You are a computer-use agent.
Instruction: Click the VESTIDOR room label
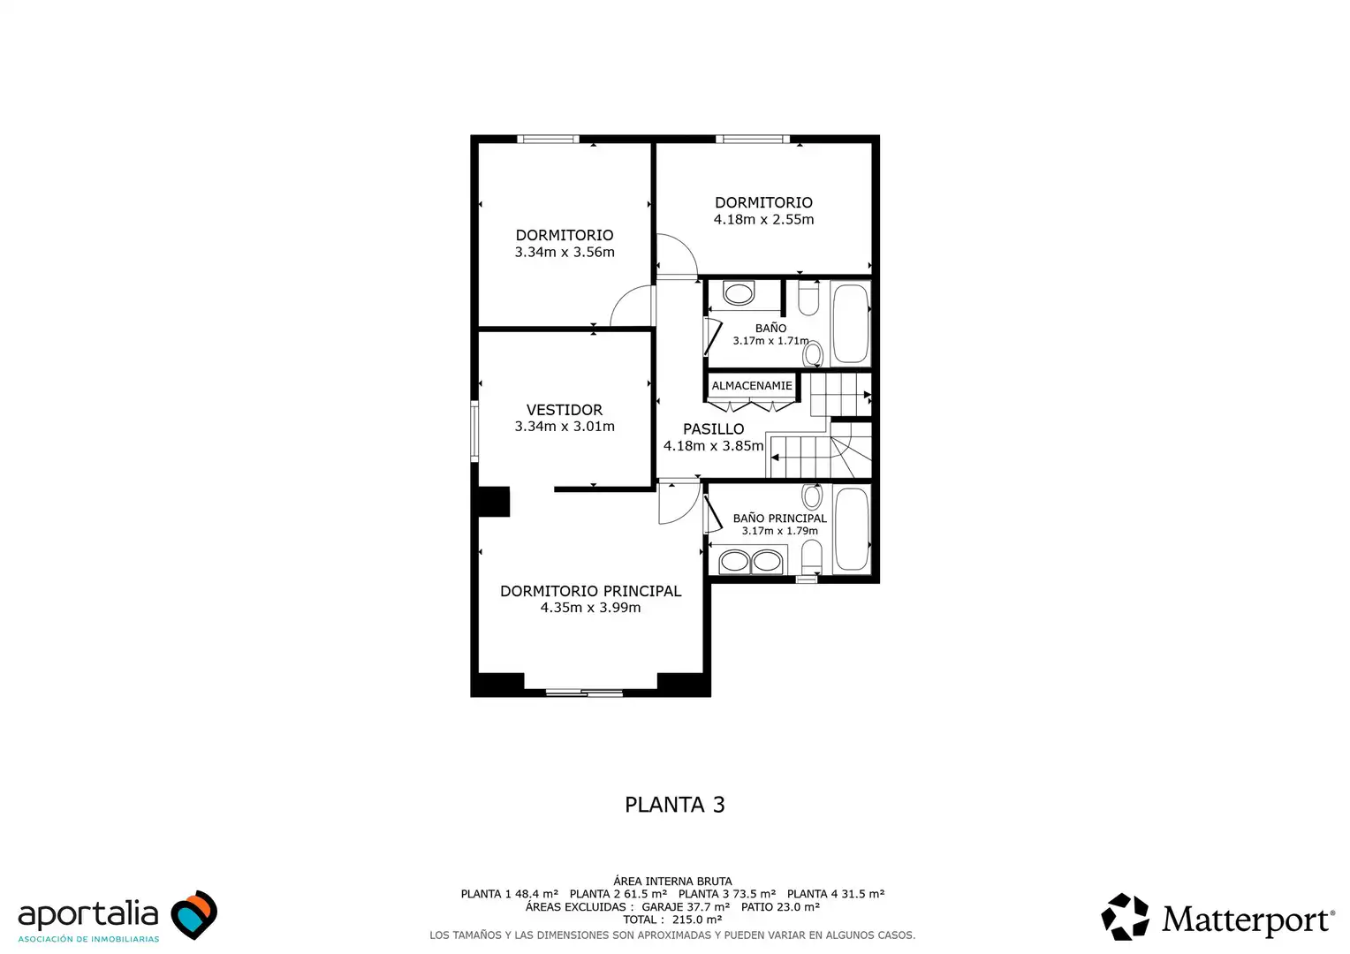click(x=564, y=410)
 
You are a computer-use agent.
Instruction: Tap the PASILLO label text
click(x=714, y=429)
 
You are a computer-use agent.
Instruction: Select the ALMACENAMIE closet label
click(x=752, y=386)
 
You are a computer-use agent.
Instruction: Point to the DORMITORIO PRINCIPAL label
click(x=590, y=591)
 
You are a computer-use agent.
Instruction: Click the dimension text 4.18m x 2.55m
click(x=763, y=219)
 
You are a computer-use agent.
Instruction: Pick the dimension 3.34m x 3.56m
click(x=565, y=252)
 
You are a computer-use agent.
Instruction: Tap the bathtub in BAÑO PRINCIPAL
click(x=852, y=529)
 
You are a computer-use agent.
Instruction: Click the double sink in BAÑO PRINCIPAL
click(x=751, y=561)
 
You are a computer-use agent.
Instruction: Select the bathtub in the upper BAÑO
click(x=851, y=323)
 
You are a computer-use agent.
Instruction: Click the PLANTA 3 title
click(x=674, y=805)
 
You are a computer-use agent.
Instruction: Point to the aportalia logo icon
click(x=194, y=914)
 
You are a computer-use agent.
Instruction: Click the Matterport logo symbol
click(x=1125, y=917)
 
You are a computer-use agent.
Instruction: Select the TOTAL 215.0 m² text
click(x=672, y=920)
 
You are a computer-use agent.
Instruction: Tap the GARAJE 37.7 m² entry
click(x=686, y=907)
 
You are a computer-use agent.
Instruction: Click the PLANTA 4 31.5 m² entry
click(x=835, y=894)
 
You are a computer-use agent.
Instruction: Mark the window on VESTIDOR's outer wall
click(x=474, y=431)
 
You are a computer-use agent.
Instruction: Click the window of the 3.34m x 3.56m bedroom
click(x=548, y=140)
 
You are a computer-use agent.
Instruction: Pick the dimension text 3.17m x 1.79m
click(x=779, y=531)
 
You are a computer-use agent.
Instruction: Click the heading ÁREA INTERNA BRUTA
click(x=672, y=881)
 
